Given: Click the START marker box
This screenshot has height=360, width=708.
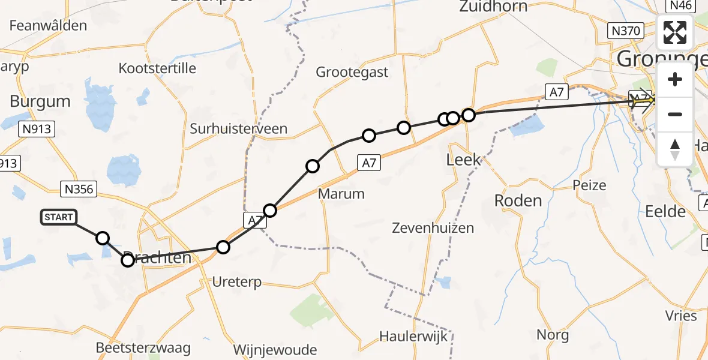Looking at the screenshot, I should tap(58, 217).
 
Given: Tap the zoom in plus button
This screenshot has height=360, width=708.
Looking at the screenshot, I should tap(675, 79).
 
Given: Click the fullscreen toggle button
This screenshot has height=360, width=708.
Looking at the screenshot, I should tap(675, 32).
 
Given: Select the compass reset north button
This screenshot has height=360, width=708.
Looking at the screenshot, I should tap(675, 149).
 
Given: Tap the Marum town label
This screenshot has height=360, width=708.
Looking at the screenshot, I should tap(341, 194).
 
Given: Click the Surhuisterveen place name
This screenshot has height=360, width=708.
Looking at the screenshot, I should tap(238, 129).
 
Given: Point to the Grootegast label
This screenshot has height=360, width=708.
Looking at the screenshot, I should tap(352, 73).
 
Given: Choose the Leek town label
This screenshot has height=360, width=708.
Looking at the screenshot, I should tap(464, 160).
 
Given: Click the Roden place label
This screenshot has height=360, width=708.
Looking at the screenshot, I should tap(518, 200).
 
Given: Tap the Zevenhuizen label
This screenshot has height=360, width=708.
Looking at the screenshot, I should tap(433, 228).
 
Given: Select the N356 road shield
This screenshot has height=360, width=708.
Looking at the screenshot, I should tap(80, 190).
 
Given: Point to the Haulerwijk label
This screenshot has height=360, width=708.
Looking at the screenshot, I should tap(413, 336).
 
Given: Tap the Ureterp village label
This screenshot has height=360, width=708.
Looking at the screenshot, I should tap(238, 282).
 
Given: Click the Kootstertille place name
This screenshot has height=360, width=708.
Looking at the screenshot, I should tap(157, 68).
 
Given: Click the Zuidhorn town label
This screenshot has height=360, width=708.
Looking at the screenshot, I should tap(493, 7).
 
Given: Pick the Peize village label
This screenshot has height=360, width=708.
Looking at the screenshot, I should tap(589, 185).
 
